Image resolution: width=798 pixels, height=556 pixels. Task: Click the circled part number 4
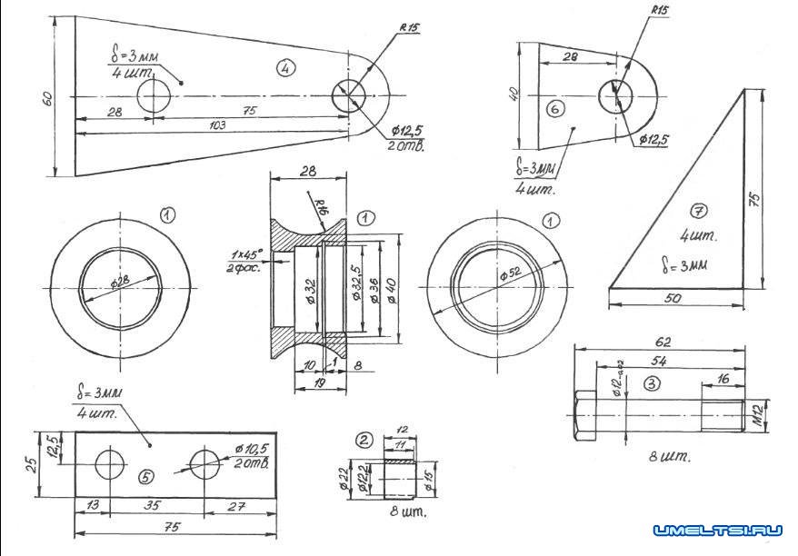click(x=285, y=68)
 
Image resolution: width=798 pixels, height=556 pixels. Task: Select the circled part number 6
click(x=556, y=108)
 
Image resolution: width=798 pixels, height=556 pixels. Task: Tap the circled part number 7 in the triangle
click(x=696, y=213)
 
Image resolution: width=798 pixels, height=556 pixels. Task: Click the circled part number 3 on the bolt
click(x=651, y=383)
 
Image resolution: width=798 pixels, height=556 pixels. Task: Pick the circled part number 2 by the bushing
click(x=364, y=441)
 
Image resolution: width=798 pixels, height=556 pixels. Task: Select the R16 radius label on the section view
click(x=320, y=208)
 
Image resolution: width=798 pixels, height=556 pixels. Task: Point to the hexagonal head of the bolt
click(x=584, y=417)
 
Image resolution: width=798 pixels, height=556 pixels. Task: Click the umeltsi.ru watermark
click(x=717, y=530)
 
